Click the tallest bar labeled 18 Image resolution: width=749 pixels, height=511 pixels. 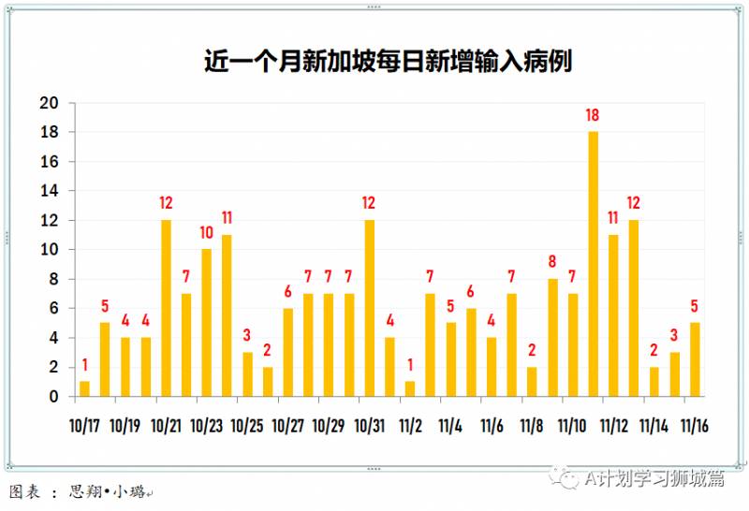pyautogui.click(x=593, y=263)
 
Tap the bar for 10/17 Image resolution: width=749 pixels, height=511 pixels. pyautogui.click(x=84, y=388)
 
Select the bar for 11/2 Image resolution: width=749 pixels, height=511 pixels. pyautogui.click(x=410, y=388)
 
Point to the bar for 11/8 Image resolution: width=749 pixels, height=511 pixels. pyautogui.click(x=532, y=381)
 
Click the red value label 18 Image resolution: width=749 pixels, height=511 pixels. pyautogui.click(x=593, y=116)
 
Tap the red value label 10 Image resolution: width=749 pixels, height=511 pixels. pyautogui.click(x=206, y=233)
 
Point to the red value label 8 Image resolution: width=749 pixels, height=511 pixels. pyautogui.click(x=552, y=262)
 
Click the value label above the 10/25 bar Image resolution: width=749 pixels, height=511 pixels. pyautogui.click(x=247, y=336)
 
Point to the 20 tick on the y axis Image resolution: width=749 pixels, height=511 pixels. pyautogui.click(x=49, y=103)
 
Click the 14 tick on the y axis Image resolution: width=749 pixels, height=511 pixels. pyautogui.click(x=49, y=191)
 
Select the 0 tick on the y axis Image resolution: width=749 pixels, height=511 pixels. pyautogui.click(x=53, y=396)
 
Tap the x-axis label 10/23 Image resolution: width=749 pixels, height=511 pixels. pyautogui.click(x=206, y=424)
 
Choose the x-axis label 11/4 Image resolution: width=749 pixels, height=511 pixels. pyautogui.click(x=450, y=424)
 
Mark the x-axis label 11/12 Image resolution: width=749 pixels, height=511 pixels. pyautogui.click(x=613, y=424)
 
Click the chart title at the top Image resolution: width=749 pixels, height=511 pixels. pyautogui.click(x=388, y=62)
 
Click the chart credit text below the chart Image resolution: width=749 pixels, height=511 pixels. pyautogui.click(x=80, y=491)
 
